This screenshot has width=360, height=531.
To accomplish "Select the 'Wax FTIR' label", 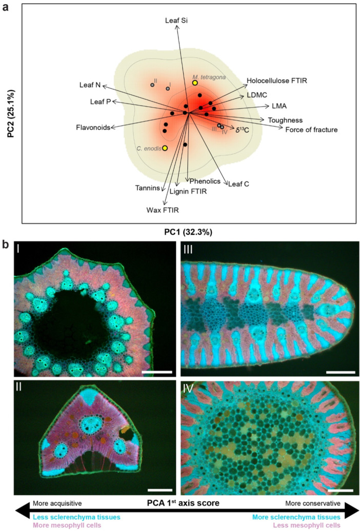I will pos(162,210).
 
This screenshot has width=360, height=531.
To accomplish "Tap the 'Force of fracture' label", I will pos(311,130).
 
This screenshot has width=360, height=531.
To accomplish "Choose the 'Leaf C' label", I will pos(238,183).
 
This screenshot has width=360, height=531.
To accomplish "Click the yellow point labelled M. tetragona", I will pos(195,83).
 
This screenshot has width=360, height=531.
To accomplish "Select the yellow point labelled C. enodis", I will pos(165,149).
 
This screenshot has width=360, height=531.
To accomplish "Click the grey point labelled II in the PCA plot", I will pos(152,85).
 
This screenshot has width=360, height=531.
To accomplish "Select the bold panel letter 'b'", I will pos(6,245).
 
